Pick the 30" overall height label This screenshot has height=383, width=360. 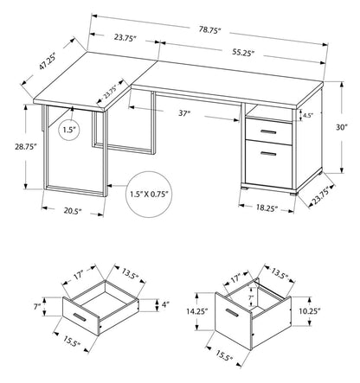(x=343, y=125)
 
